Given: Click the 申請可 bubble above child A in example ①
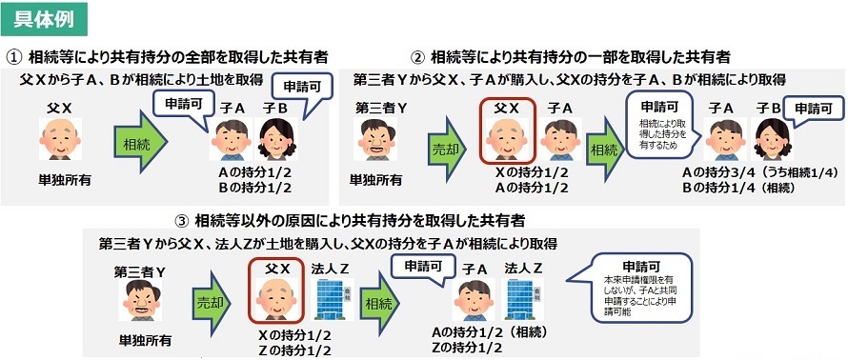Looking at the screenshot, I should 182,107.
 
